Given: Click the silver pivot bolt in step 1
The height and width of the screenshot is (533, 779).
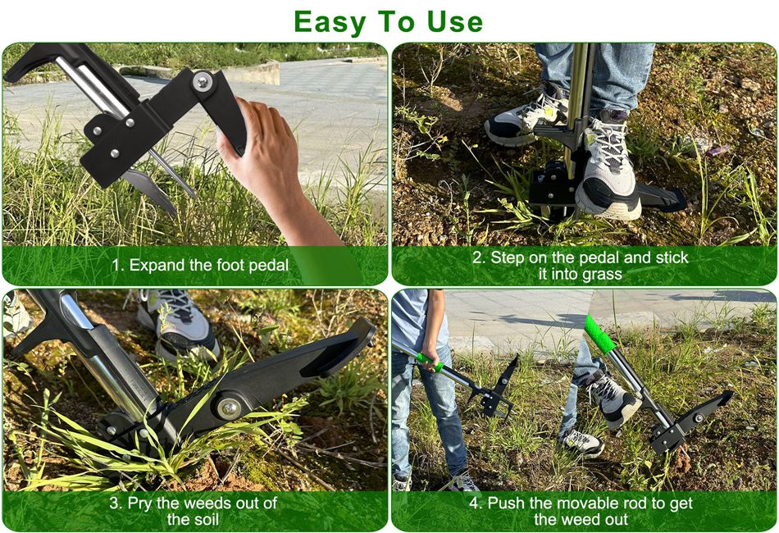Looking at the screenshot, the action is pyautogui.click(x=203, y=81).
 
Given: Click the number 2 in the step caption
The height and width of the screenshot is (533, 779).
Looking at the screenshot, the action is pyautogui.click(x=477, y=257).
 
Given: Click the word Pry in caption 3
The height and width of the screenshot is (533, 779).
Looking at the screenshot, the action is pyautogui.click(x=139, y=503).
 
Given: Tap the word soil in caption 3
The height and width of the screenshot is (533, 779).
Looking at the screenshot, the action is pyautogui.click(x=206, y=520).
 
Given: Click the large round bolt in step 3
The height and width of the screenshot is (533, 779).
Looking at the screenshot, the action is pyautogui.click(x=229, y=408).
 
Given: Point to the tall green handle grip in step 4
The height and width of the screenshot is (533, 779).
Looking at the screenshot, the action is pyautogui.click(x=599, y=335).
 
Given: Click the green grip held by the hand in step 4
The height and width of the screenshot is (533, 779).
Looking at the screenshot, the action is pyautogui.click(x=430, y=362).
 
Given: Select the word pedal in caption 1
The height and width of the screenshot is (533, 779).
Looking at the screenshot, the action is pyautogui.click(x=268, y=265).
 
